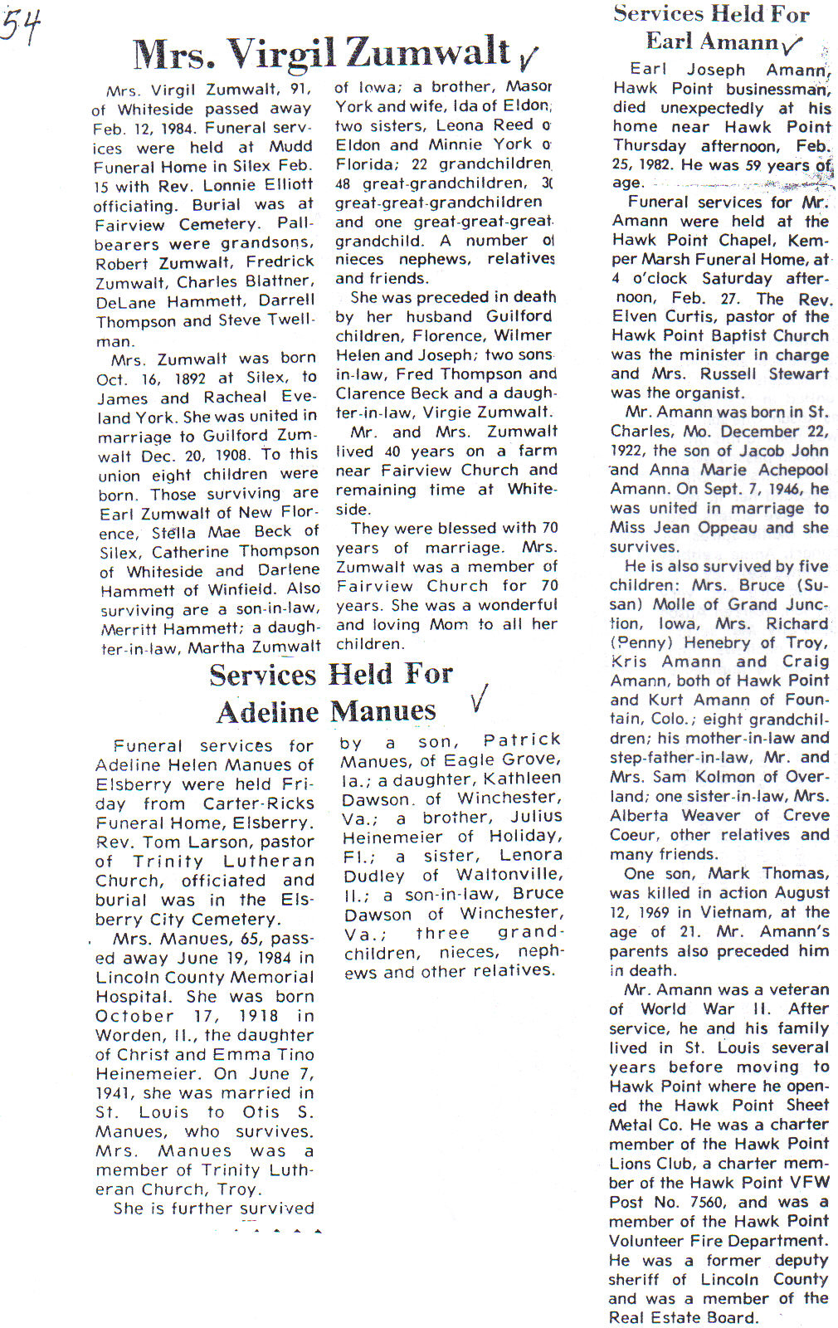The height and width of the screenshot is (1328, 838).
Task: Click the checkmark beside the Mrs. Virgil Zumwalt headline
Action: point(527,58)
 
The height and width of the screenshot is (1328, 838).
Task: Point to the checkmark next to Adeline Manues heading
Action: point(478,699)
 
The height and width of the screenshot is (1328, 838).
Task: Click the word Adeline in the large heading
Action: point(267,712)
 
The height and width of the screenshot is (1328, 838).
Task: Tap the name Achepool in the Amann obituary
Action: point(792,470)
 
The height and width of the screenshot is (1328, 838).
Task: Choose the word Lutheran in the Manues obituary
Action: point(270,862)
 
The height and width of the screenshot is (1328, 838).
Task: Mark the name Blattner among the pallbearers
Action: point(280,281)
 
